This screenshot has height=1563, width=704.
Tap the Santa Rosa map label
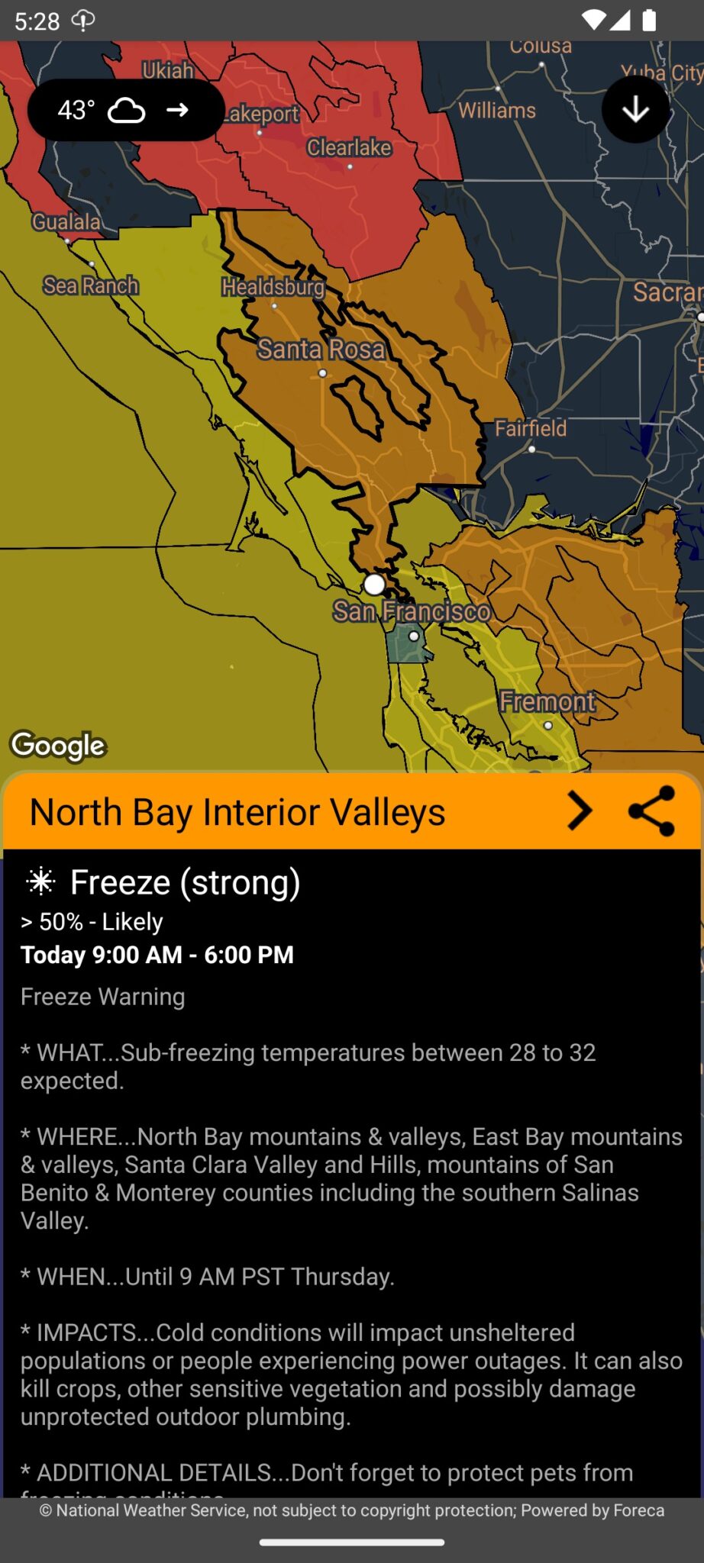(321, 350)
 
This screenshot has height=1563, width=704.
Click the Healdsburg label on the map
(273, 287)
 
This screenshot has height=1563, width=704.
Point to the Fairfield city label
(531, 428)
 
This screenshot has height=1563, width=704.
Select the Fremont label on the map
(547, 701)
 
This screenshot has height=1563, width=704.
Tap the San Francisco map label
(412, 611)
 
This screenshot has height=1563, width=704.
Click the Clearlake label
(349, 147)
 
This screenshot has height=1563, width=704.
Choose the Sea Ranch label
(91, 285)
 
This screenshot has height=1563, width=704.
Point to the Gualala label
(66, 222)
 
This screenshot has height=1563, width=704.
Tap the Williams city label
(497, 111)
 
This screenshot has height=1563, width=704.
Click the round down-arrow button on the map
(635, 110)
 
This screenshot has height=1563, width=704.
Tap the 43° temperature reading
(76, 110)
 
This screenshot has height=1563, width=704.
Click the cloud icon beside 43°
(127, 110)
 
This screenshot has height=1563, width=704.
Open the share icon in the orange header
(651, 811)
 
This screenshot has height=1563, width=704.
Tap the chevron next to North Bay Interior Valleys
(580, 811)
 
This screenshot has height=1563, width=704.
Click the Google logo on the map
(58, 746)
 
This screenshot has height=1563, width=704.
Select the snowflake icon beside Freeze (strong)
(40, 881)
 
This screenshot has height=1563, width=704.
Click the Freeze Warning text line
(103, 997)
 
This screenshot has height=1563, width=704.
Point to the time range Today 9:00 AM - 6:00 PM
(157, 955)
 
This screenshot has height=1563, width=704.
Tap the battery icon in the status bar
(649, 21)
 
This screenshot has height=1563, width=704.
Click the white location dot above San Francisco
(374, 585)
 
